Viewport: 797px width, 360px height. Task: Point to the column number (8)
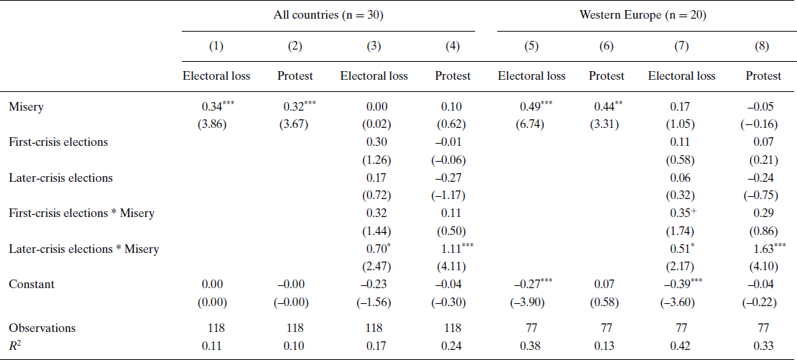pos(763,47)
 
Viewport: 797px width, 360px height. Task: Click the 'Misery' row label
pos(25,106)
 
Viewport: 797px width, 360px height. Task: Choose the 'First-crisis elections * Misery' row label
pos(81,213)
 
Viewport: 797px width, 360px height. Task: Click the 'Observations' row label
pos(42,328)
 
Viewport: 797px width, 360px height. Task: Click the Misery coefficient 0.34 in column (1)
pos(212,106)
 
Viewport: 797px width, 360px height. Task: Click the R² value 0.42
pos(681,346)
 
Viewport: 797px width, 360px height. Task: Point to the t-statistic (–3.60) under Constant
pos(681,302)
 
